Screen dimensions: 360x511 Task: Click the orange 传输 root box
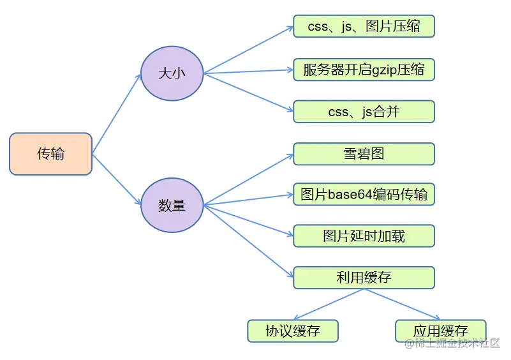[x=51, y=154]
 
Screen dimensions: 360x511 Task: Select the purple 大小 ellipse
[x=172, y=73]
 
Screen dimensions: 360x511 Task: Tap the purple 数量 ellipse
[x=172, y=205]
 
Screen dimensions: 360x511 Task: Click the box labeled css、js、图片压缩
[x=364, y=27]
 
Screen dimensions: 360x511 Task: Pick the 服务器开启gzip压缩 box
[x=364, y=70]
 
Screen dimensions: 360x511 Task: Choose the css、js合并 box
[x=364, y=112]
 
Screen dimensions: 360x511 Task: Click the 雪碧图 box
[x=364, y=154]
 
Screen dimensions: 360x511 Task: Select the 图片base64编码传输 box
[x=364, y=195]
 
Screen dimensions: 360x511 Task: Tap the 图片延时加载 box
[x=364, y=236]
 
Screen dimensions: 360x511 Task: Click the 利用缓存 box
[x=364, y=278]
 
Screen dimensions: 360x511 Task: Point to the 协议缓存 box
[x=293, y=331]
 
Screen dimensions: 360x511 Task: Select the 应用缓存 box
[x=440, y=331]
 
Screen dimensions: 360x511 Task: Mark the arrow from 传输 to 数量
[x=117, y=179]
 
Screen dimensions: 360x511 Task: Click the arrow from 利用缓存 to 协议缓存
[x=329, y=304]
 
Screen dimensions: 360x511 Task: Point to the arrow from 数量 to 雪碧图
[x=249, y=179]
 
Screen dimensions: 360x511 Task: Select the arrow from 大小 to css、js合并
[x=249, y=93]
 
